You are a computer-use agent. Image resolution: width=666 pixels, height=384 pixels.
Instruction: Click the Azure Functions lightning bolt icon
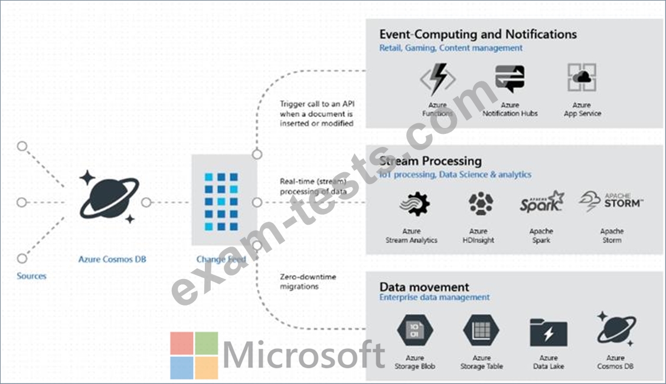(438, 80)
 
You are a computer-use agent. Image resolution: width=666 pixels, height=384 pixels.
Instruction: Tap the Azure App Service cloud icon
(582, 78)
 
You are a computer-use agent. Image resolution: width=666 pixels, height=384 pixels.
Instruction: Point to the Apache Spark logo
(541, 202)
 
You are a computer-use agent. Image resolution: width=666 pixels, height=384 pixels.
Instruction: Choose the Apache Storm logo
(611, 202)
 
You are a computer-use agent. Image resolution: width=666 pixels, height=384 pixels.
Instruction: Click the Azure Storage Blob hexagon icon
(414, 330)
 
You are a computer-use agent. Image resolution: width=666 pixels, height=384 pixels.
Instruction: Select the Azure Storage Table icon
(481, 330)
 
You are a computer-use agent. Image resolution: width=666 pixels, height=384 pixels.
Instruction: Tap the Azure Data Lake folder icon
(548, 333)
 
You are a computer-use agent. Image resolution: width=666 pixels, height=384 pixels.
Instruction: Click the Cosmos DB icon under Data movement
(615, 329)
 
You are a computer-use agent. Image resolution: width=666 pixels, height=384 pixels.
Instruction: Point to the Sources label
(31, 276)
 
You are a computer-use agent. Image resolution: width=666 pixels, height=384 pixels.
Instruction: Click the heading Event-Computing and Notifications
(478, 34)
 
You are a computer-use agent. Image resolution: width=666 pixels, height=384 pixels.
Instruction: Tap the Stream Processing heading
(430, 161)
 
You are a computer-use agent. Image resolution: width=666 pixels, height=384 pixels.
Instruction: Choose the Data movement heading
(424, 287)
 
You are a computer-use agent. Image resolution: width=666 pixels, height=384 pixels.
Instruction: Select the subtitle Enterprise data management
(434, 297)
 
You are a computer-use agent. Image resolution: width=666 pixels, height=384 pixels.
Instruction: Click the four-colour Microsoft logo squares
(194, 355)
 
